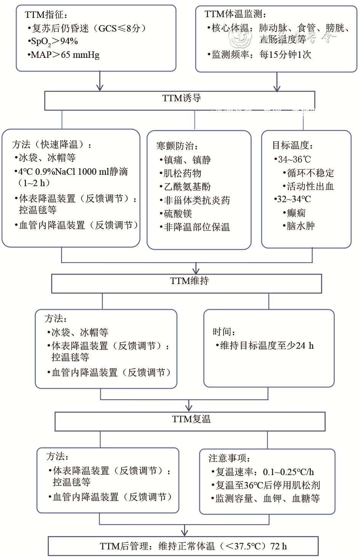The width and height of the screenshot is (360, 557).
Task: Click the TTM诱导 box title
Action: (181, 98)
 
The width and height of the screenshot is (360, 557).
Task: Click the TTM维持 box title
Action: (189, 281)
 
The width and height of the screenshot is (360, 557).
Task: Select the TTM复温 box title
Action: (191, 419)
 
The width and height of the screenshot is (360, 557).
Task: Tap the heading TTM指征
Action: (46, 15)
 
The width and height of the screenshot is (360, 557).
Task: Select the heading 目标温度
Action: (292, 145)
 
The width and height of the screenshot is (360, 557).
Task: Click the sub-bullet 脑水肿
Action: (299, 226)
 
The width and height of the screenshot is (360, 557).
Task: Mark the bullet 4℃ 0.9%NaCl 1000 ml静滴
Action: (72, 172)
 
